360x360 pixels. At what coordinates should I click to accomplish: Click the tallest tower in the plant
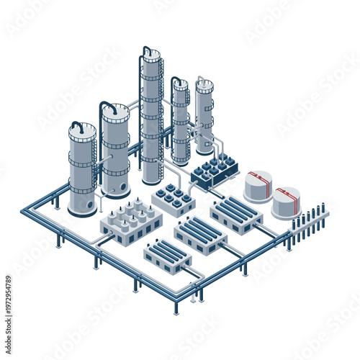click(x=151, y=119)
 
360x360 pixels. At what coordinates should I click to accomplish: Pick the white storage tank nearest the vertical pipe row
click(x=286, y=203)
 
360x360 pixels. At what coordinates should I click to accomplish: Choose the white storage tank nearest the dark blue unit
click(x=257, y=186)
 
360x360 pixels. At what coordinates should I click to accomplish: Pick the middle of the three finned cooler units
click(x=201, y=235)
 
